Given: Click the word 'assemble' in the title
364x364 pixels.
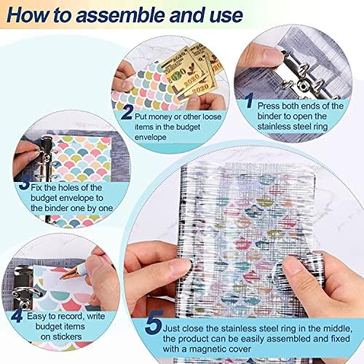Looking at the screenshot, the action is click(x=122, y=15).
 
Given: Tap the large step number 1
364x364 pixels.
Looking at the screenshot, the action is click(x=249, y=100).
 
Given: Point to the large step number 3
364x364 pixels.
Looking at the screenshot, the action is click(x=25, y=183).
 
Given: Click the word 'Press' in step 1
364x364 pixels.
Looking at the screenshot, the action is click(x=266, y=106).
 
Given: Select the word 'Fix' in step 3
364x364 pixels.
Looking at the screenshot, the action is click(x=36, y=188).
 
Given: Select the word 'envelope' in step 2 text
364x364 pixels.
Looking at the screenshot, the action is click(x=151, y=137).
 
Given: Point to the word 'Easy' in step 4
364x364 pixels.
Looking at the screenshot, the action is click(x=36, y=316).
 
